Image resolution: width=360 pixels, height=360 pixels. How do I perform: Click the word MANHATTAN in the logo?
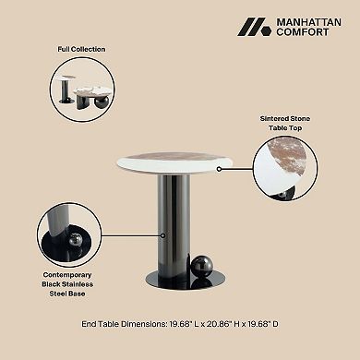click(x=302, y=21)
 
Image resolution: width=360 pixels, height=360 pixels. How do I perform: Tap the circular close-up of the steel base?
click(x=70, y=237)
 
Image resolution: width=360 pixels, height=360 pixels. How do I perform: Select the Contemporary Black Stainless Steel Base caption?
click(x=71, y=285)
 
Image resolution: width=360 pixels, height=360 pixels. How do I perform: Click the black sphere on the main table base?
click(x=202, y=268)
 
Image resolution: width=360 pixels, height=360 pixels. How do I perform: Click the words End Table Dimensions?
click(x=115, y=324)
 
